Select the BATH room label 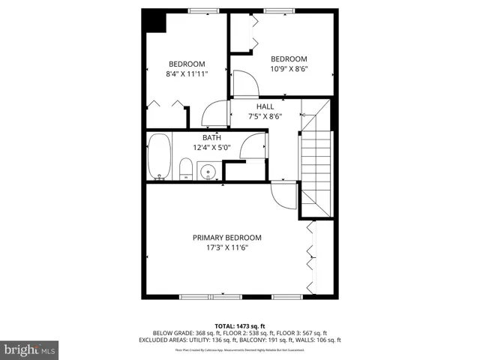click(x=211, y=137)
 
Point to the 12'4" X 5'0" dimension click(x=211, y=148)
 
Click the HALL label click(x=265, y=106)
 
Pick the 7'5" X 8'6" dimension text click(x=265, y=117)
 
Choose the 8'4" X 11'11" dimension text click(x=187, y=74)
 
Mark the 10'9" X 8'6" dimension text click(x=289, y=70)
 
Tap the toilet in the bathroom click(x=185, y=169)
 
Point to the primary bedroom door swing click(x=283, y=196)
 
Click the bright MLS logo click(x=29, y=349)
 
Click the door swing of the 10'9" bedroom click(x=244, y=83)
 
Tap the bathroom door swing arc click(x=253, y=145)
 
